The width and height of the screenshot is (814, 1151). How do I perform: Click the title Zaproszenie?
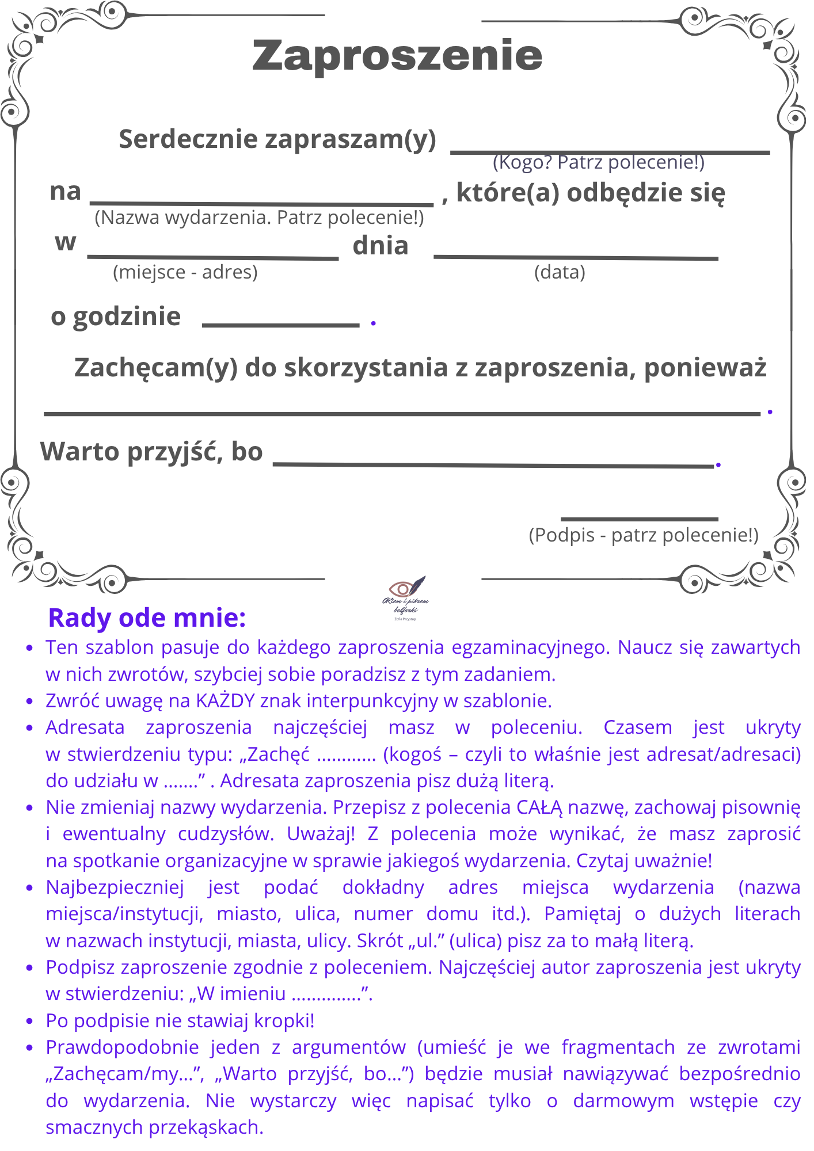(397, 55)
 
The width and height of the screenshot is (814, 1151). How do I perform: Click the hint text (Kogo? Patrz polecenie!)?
(599, 163)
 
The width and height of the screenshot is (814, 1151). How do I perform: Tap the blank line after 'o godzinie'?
(281, 325)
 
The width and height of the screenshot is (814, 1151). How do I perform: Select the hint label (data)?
(560, 272)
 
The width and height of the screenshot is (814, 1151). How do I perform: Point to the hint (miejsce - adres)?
(185, 272)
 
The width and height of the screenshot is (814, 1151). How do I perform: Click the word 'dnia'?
(381, 246)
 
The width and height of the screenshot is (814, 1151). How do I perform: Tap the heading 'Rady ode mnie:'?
(147, 618)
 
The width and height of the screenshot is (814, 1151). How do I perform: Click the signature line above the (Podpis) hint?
(640, 519)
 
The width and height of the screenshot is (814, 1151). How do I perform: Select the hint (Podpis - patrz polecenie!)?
(644, 535)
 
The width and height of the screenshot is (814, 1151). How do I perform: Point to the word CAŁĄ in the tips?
(539, 807)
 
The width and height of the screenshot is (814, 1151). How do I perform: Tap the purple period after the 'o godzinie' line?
(374, 323)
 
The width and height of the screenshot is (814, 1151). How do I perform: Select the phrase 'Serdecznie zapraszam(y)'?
(277, 139)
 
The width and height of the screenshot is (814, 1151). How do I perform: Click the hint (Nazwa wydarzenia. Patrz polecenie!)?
(259, 218)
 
